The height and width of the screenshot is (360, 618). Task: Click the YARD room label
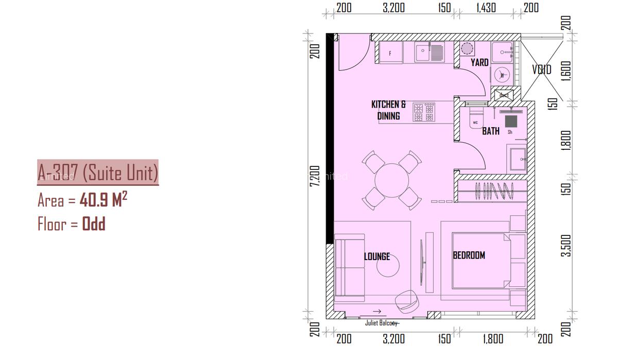point(479,63)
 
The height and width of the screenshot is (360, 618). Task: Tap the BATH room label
point(490,131)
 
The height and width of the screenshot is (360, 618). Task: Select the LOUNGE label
point(376,256)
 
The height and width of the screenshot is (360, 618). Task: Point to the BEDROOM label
point(469,255)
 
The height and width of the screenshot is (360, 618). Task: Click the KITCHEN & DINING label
point(388,110)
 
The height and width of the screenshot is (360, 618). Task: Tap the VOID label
point(541,70)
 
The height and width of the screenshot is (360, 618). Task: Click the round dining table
point(391,180)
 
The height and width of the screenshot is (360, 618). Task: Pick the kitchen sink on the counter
point(430,52)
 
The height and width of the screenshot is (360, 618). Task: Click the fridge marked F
point(390,53)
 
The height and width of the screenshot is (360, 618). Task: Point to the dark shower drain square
point(511,121)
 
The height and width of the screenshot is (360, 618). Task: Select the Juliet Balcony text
point(382,323)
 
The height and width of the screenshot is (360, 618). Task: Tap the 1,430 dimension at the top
point(486,8)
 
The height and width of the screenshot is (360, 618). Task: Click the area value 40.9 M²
point(103,200)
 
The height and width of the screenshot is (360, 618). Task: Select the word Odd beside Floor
point(94,224)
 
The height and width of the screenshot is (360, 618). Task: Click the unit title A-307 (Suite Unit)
point(98,172)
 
